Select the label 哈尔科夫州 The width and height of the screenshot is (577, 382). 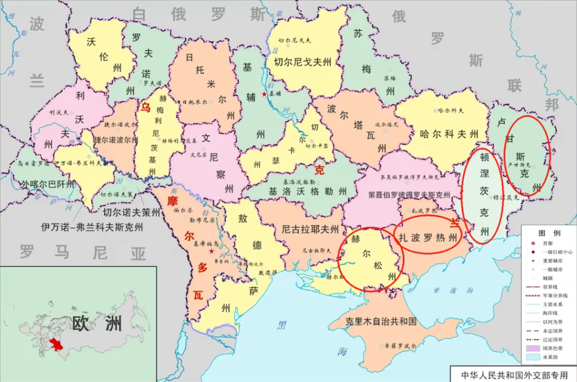449,134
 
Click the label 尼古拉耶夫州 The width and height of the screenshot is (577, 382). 310,229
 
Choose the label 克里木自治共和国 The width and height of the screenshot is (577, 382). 381,322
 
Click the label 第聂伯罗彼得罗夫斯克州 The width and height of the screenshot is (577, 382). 409,195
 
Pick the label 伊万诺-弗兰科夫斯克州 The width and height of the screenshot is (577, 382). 92,228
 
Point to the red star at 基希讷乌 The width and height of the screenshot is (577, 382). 211,251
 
